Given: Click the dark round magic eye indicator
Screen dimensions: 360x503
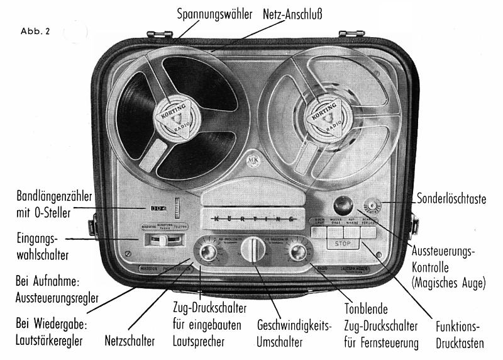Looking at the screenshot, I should (x=343, y=205).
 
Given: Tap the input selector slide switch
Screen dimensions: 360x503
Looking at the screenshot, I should (x=163, y=239).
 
